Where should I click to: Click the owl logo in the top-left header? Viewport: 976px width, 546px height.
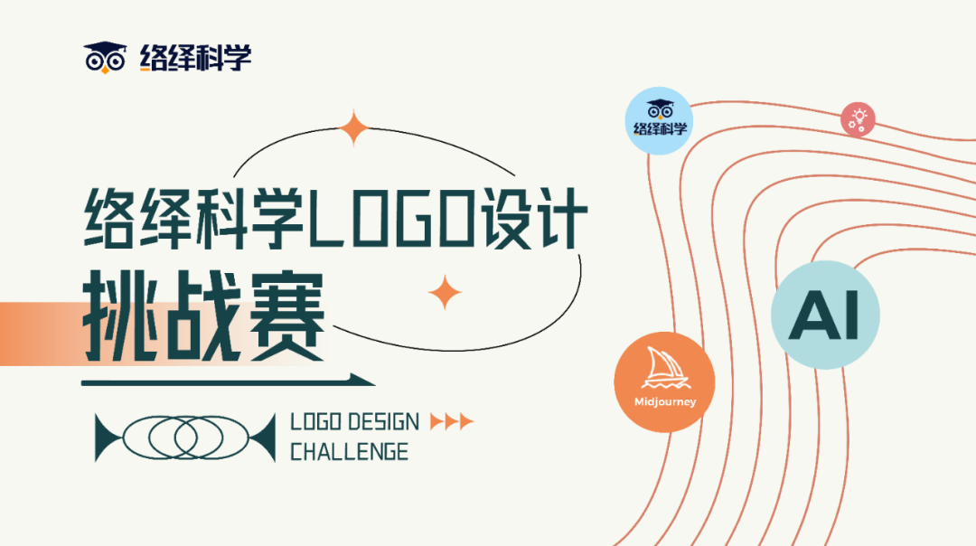coord(104,57)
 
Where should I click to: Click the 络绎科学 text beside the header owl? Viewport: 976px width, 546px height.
coord(195,58)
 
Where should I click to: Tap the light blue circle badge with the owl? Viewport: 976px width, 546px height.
coord(660,120)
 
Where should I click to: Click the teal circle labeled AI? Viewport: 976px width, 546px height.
coord(824,315)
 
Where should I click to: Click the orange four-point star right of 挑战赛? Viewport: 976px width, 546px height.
coord(445,292)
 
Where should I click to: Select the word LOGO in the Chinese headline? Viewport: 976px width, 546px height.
coord(389,221)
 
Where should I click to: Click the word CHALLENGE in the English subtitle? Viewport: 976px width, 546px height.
coord(349,451)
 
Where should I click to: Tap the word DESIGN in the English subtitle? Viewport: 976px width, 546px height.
coord(383,422)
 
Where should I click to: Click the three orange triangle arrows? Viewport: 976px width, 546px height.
coord(452,421)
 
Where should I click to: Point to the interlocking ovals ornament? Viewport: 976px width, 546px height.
coord(185,438)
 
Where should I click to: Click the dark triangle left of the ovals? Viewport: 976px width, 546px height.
coord(108,438)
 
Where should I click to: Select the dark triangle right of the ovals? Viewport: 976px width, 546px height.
coord(262,438)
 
